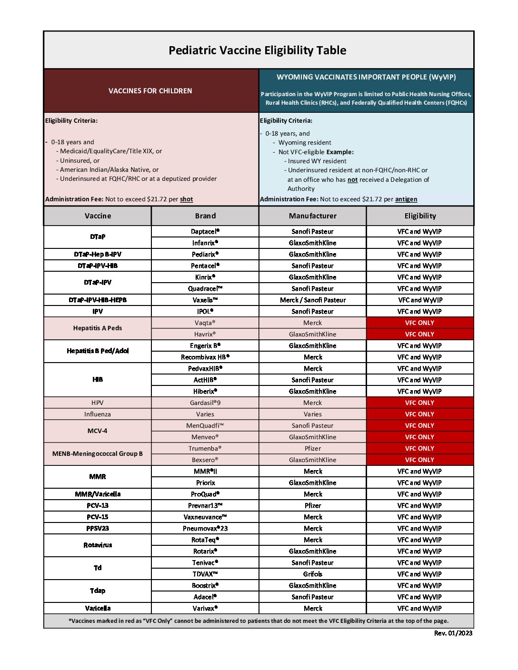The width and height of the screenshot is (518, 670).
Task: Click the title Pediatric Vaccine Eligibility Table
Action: point(258,50)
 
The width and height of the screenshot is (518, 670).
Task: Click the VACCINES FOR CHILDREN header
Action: point(150,91)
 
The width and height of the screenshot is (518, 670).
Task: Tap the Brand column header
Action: point(205,216)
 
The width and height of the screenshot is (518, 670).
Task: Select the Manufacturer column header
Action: point(313,216)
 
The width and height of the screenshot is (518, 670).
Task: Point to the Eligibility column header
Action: point(420,216)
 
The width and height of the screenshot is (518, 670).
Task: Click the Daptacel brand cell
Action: point(205,232)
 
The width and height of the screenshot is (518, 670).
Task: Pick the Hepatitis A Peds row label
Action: point(98,328)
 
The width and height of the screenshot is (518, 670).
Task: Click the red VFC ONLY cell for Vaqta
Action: point(419,323)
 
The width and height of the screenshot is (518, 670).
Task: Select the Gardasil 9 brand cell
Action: point(205,403)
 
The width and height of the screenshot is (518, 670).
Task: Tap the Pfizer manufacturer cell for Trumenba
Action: point(313,449)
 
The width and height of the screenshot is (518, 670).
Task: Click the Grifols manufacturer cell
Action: point(313,574)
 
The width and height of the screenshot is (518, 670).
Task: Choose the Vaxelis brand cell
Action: point(205,300)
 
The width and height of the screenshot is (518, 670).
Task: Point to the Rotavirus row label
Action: point(98,545)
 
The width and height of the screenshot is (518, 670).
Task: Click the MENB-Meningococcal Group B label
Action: point(98,454)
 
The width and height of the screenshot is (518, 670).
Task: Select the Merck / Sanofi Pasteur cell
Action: point(313,300)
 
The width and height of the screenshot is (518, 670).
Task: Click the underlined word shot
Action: point(187,199)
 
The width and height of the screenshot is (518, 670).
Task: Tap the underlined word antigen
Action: point(406,199)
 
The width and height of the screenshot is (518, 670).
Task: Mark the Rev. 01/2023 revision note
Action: point(453,633)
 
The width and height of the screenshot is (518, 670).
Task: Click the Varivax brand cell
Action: point(205,609)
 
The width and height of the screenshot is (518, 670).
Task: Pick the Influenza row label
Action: point(98,414)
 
